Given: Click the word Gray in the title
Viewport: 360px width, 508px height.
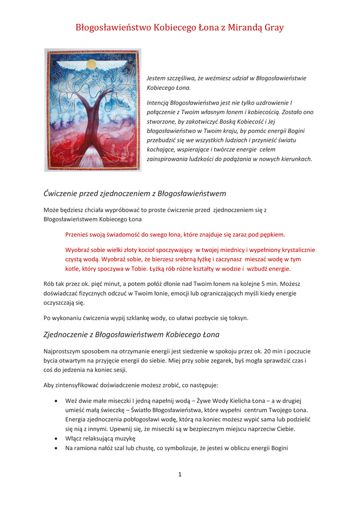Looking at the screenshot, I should coord(273,28).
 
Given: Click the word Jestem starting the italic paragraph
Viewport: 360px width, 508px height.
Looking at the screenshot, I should coord(156,78).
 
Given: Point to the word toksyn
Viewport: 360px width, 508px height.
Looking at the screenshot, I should coord(236,318).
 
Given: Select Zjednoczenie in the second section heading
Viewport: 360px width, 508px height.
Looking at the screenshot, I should coord(68,334).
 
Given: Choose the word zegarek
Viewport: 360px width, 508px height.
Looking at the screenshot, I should coord(226,361).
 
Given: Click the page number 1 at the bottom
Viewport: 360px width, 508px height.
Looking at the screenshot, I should coord(180,475).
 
